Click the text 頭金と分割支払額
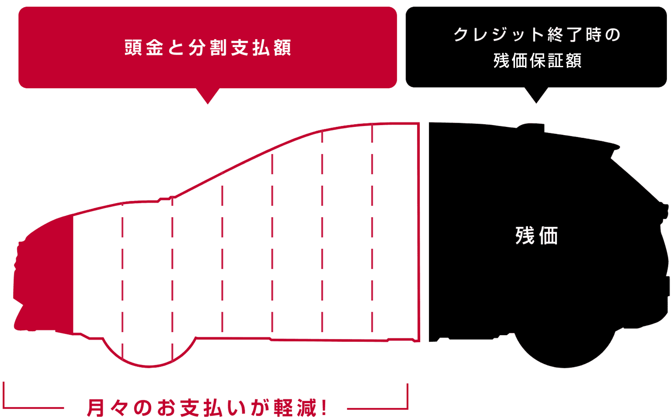pos(208,47)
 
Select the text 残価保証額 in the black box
pos(537,60)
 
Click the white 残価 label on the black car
pos(536,236)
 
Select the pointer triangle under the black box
pos(536,95)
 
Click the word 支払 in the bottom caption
pos(201,408)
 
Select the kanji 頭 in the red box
pos(133,47)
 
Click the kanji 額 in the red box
pos(282,47)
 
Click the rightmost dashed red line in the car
pos(372,228)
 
